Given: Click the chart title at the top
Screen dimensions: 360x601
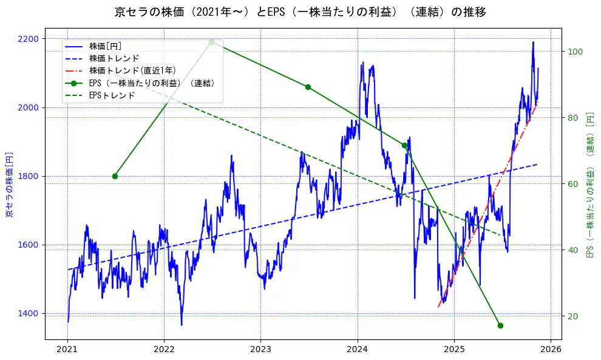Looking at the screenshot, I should [300, 12].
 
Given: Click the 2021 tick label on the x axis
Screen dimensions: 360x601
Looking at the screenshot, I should [67, 350].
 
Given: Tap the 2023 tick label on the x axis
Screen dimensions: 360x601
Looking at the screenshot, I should [260, 350].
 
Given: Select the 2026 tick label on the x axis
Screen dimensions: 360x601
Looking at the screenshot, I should [550, 350].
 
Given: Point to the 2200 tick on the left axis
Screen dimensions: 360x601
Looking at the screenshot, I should [28, 39].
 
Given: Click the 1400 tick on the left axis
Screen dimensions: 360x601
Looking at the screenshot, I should [28, 314].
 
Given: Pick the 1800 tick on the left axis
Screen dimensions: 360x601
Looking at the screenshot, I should [28, 176].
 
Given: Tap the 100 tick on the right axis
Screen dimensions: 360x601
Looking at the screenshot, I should [575, 51].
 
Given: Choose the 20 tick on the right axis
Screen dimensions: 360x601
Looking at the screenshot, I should [572, 316].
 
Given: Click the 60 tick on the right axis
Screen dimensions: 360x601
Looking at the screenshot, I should [572, 184].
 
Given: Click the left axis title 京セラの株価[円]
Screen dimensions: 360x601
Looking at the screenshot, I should [9, 185].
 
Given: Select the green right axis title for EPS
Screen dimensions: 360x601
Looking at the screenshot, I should [589, 185].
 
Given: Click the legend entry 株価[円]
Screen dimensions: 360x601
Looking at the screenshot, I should [106, 46].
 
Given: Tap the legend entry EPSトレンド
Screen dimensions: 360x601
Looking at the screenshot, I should [112, 95].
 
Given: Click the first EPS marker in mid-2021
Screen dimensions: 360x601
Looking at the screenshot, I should [115, 176].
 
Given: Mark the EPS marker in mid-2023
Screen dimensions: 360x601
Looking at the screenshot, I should [308, 87].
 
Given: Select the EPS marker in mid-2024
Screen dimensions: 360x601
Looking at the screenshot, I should [404, 145].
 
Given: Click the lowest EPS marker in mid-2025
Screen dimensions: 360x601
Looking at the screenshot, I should [500, 325].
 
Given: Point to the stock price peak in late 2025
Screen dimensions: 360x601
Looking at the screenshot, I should [533, 42].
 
